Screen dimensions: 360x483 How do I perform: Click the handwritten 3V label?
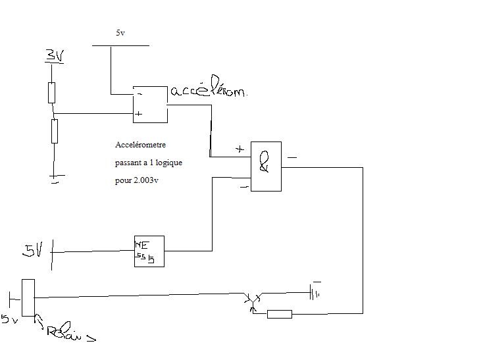pos(53,57)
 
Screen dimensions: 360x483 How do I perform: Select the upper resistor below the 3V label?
pos(52,93)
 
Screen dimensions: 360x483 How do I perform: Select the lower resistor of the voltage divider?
pos(54,130)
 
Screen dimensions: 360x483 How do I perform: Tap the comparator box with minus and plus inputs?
pos(150,105)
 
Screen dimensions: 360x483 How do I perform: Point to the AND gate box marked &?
pos(266,166)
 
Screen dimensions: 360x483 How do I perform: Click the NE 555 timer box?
pos(149,251)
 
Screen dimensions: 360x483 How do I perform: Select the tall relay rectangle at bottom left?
pos(28,297)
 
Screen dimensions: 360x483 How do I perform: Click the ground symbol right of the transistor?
pos(317,292)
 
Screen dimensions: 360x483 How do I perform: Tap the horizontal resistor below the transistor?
pos(279,314)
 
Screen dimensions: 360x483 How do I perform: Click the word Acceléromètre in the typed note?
pos(141,144)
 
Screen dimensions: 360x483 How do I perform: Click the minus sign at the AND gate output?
pos(292,158)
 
